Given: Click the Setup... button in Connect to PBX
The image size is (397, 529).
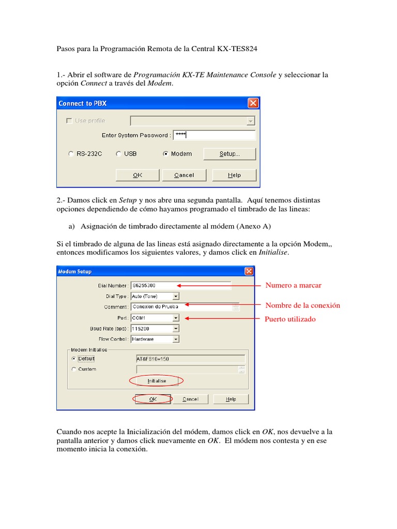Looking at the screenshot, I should click(x=229, y=154).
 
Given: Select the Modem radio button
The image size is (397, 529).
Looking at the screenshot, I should click(x=165, y=154).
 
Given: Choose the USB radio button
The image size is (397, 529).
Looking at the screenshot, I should click(x=118, y=154).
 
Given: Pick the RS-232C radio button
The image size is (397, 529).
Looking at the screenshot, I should click(x=71, y=154).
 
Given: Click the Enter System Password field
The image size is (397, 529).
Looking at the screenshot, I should click(x=214, y=135).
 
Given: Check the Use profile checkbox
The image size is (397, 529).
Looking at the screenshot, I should click(x=69, y=121).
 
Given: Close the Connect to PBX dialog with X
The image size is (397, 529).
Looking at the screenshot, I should click(x=253, y=103).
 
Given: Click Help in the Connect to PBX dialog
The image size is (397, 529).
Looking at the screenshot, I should click(x=234, y=175).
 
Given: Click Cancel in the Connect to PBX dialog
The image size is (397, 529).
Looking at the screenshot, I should click(x=184, y=175).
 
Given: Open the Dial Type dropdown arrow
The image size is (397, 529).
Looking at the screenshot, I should click(x=176, y=297).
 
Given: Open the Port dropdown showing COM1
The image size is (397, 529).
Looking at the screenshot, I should click(x=176, y=318).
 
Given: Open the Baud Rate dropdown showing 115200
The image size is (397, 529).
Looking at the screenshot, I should click(x=176, y=329).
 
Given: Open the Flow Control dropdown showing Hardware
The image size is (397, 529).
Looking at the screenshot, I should click(x=176, y=339).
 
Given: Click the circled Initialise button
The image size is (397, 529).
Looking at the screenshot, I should click(x=157, y=381).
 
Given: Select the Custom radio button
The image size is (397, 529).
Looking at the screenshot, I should click(x=74, y=369).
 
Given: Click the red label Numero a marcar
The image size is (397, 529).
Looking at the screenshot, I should click(x=293, y=286).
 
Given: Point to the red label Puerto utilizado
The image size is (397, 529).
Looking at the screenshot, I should click(x=289, y=319).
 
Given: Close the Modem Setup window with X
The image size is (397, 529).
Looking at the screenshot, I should click(x=249, y=271).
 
